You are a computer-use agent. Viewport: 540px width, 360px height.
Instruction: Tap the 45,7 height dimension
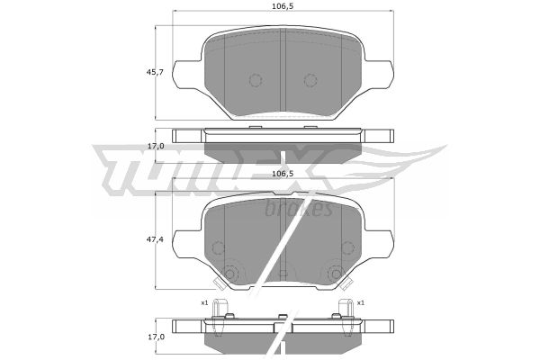(x=156, y=72)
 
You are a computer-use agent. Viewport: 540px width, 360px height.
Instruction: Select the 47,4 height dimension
(x=156, y=239)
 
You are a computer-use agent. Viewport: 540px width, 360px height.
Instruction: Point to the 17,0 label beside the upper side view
(x=156, y=146)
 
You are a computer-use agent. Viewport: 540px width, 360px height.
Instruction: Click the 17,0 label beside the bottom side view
(x=156, y=337)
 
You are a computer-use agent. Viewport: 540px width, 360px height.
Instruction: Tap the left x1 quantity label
(x=205, y=303)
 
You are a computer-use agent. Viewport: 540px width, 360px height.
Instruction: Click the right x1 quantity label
(x=361, y=303)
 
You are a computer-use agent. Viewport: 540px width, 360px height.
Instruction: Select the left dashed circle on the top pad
(x=256, y=80)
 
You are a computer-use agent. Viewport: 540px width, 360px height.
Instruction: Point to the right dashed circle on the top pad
(x=310, y=80)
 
